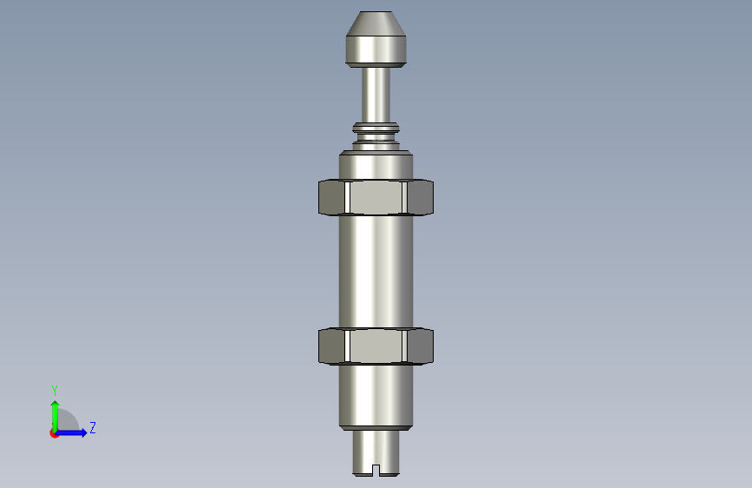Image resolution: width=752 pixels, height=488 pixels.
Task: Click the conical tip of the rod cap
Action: pos(376,23)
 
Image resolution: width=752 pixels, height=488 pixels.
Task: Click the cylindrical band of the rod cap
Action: pos(376,49)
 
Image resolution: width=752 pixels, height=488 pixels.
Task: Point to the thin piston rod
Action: pos(376,95)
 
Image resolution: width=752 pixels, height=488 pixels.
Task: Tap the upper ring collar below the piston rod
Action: pos(376,129)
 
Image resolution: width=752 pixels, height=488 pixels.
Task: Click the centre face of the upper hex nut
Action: pos(376,197)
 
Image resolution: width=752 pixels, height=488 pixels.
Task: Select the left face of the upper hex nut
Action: pos(332,197)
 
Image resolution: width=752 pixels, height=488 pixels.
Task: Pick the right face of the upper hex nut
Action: pos(420,197)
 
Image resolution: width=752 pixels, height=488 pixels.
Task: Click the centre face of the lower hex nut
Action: pos(376,346)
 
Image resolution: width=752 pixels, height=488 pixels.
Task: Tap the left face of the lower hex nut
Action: pos(332,346)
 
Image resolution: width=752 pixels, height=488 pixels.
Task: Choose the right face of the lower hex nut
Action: pos(420,346)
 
